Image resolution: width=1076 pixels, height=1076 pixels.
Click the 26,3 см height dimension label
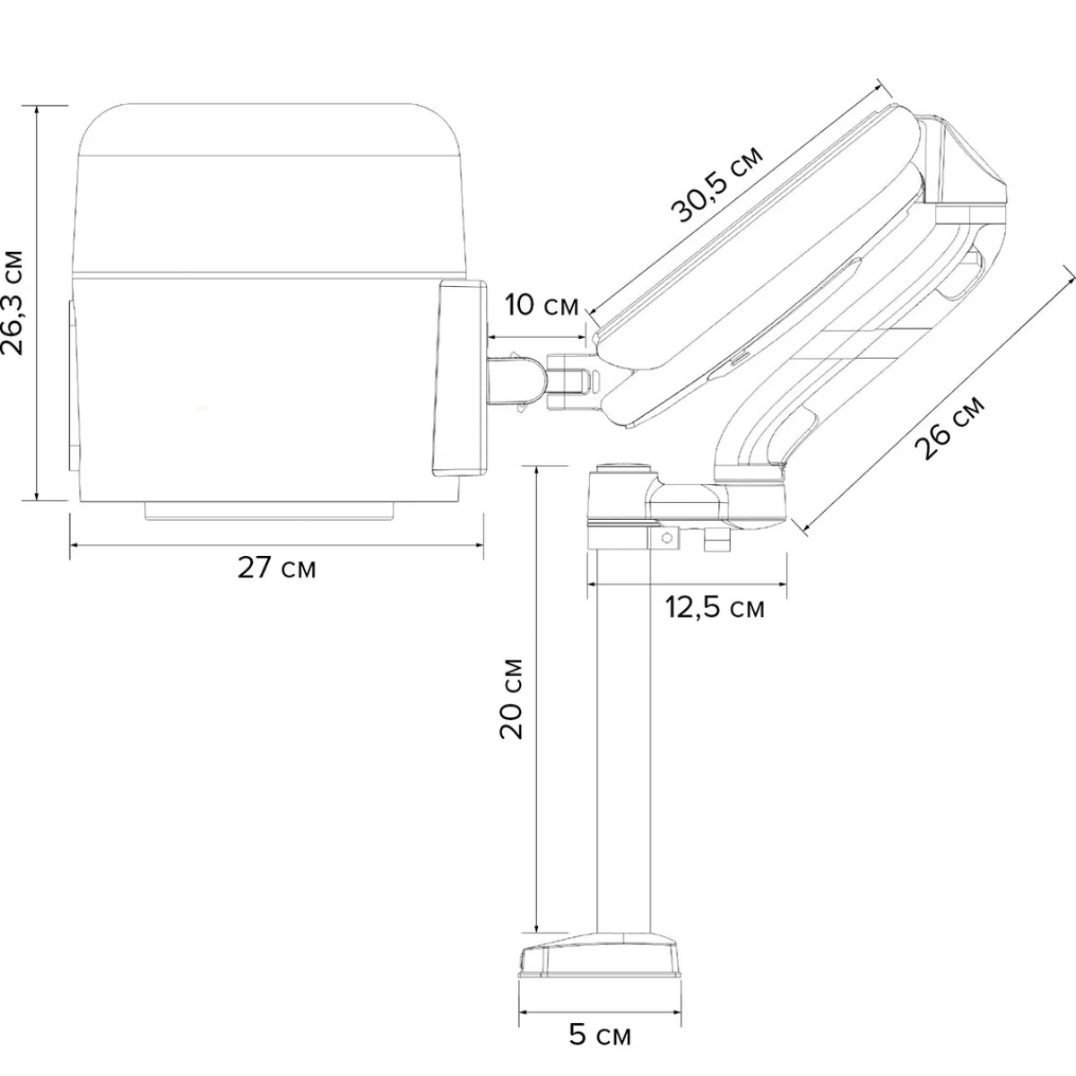tap(13, 303)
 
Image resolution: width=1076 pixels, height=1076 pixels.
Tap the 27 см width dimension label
tap(277, 568)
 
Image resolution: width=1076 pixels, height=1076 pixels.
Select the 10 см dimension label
tap(542, 306)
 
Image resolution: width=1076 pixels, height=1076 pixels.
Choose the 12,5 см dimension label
tap(715, 608)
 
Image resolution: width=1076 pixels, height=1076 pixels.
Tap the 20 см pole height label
tap(511, 698)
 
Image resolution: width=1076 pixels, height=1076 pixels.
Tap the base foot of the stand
tap(601, 959)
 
